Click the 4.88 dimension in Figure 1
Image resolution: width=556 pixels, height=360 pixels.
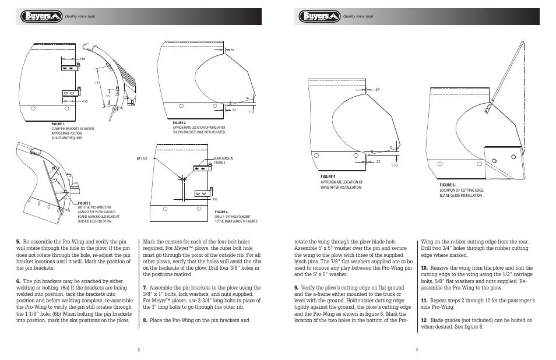click(x=83, y=59)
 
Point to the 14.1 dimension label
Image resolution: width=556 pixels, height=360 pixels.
click(x=97, y=83)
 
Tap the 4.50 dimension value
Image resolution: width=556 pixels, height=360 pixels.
click(x=85, y=102)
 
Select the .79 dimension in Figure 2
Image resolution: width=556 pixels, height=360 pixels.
click(x=231, y=50)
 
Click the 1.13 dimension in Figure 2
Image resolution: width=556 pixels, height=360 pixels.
click(x=251, y=112)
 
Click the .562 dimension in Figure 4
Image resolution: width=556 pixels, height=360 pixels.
click(x=214, y=199)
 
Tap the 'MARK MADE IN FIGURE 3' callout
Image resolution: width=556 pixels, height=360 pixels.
click(x=223, y=160)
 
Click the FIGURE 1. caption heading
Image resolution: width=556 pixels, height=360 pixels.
click(x=58, y=124)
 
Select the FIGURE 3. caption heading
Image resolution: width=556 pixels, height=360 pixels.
click(x=85, y=203)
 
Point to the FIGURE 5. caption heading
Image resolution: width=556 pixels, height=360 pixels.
click(x=328, y=177)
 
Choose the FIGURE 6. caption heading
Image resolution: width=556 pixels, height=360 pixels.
click(x=448, y=185)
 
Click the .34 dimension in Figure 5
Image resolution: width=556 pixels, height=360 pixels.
click(x=377, y=89)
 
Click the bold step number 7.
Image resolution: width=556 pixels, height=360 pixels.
click(x=145, y=287)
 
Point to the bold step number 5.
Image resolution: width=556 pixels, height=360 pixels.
click(x=18, y=241)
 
